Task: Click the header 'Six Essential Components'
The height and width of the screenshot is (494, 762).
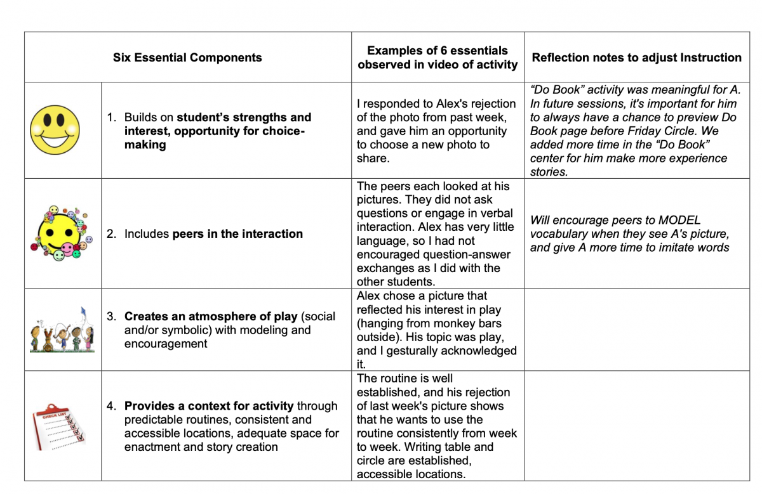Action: point(187,58)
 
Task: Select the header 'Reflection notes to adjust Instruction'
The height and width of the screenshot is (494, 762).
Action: point(636,58)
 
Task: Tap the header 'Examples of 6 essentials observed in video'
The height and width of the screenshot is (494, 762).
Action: point(438,57)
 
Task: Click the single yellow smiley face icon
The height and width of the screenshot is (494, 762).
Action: point(55,130)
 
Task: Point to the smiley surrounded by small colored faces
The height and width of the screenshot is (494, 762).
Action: point(58,233)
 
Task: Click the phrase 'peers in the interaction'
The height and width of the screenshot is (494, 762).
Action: point(237,234)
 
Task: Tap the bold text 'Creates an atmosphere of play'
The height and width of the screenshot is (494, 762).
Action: point(211,316)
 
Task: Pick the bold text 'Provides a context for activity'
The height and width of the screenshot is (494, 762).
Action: point(209,406)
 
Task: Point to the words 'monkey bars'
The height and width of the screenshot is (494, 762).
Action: point(469,323)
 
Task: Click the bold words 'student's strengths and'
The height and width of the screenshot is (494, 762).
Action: point(244,117)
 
